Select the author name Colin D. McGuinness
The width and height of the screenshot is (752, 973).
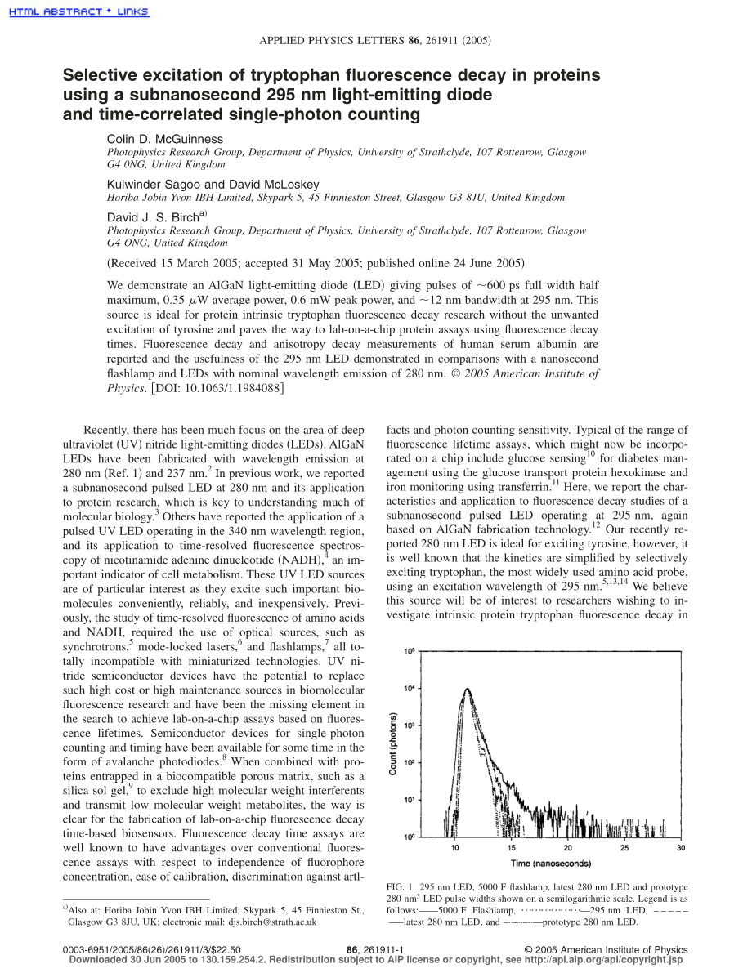click(x=165, y=140)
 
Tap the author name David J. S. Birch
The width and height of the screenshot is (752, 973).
click(x=154, y=217)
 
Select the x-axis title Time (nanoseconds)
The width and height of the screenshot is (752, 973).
click(x=551, y=863)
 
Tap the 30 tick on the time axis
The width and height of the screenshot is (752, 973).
click(x=680, y=849)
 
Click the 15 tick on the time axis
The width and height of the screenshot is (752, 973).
click(x=512, y=849)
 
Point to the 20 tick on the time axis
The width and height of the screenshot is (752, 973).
click(x=568, y=849)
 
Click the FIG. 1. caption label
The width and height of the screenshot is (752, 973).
click(x=401, y=887)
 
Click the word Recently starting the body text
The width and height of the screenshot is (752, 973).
click(x=109, y=430)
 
